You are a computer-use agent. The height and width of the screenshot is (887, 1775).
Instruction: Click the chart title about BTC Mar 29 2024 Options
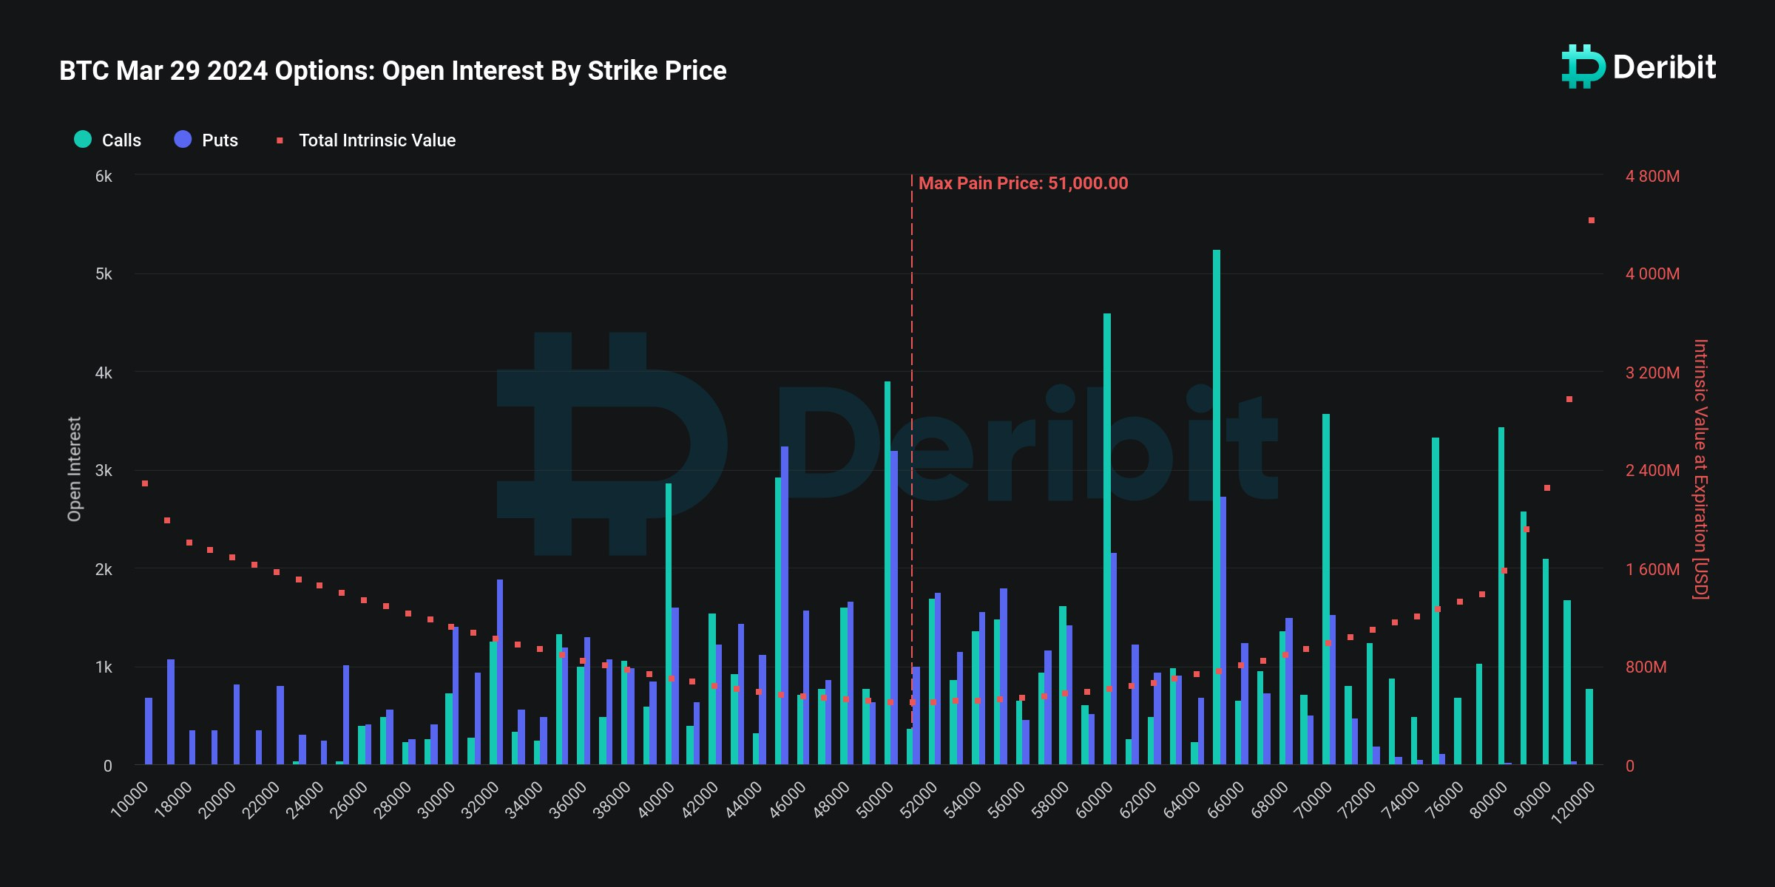click(393, 71)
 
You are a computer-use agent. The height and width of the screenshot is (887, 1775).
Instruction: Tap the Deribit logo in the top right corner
click(1638, 67)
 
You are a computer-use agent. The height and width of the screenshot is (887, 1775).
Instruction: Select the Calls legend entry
click(108, 140)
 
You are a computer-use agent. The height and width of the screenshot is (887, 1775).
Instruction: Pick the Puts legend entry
click(206, 140)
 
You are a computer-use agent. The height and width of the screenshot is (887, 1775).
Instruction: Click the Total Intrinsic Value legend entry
click(367, 140)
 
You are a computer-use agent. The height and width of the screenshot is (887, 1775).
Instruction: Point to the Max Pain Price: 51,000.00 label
click(1023, 183)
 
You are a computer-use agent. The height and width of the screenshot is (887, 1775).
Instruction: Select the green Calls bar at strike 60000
click(1107, 540)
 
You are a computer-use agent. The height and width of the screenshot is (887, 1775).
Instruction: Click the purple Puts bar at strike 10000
click(149, 731)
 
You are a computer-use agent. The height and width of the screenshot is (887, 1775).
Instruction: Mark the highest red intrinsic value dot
click(1592, 220)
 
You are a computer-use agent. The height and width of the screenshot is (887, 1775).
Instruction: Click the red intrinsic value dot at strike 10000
click(145, 483)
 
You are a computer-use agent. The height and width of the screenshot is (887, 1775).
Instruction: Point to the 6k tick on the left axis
click(104, 176)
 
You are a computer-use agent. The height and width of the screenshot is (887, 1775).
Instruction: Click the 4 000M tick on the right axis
click(1652, 274)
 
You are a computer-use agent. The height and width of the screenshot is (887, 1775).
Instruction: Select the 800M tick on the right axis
click(1646, 667)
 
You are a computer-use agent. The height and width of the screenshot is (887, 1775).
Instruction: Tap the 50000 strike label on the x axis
click(875, 800)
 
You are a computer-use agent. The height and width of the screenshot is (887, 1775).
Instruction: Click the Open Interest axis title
click(74, 469)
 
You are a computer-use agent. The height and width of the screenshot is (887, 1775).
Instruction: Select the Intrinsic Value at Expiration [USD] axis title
click(1700, 469)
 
